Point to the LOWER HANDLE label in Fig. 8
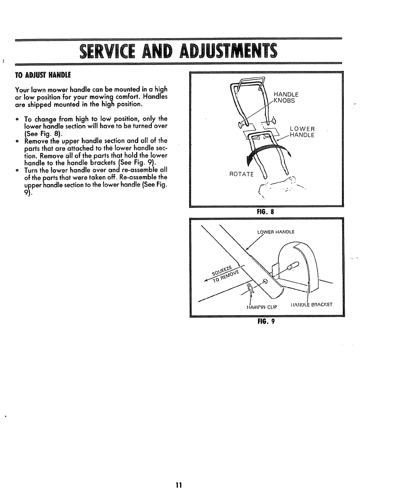[302, 132]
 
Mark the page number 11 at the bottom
[178, 486]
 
